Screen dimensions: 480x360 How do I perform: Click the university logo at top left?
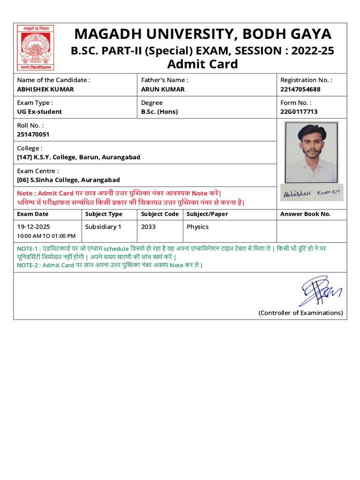click(x=36, y=48)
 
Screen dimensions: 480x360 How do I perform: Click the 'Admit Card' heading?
click(x=202, y=64)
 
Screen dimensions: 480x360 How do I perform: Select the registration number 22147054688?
click(x=300, y=89)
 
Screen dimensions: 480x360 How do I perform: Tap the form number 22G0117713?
click(x=299, y=112)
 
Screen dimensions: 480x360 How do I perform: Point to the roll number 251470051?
click(x=33, y=134)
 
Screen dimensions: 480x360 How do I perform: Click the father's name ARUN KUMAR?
click(x=163, y=89)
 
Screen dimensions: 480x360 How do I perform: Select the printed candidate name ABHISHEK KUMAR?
click(x=45, y=89)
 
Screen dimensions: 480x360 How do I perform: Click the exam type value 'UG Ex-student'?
click(x=39, y=112)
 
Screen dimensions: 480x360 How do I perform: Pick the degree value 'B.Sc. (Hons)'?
click(x=159, y=112)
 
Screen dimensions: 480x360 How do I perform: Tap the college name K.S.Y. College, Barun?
click(x=78, y=157)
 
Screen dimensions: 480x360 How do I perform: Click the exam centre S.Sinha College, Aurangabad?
click(x=68, y=180)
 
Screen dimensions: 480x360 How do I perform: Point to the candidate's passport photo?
click(x=311, y=152)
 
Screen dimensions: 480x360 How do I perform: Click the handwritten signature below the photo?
click(x=312, y=193)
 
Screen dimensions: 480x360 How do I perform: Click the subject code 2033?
click(x=148, y=227)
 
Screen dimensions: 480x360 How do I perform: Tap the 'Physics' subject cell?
click(x=197, y=227)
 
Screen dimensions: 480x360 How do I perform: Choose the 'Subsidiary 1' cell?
click(x=103, y=227)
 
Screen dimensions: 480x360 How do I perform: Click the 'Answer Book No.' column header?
click(x=305, y=214)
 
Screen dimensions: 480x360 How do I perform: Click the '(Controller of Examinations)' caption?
click(x=300, y=313)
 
